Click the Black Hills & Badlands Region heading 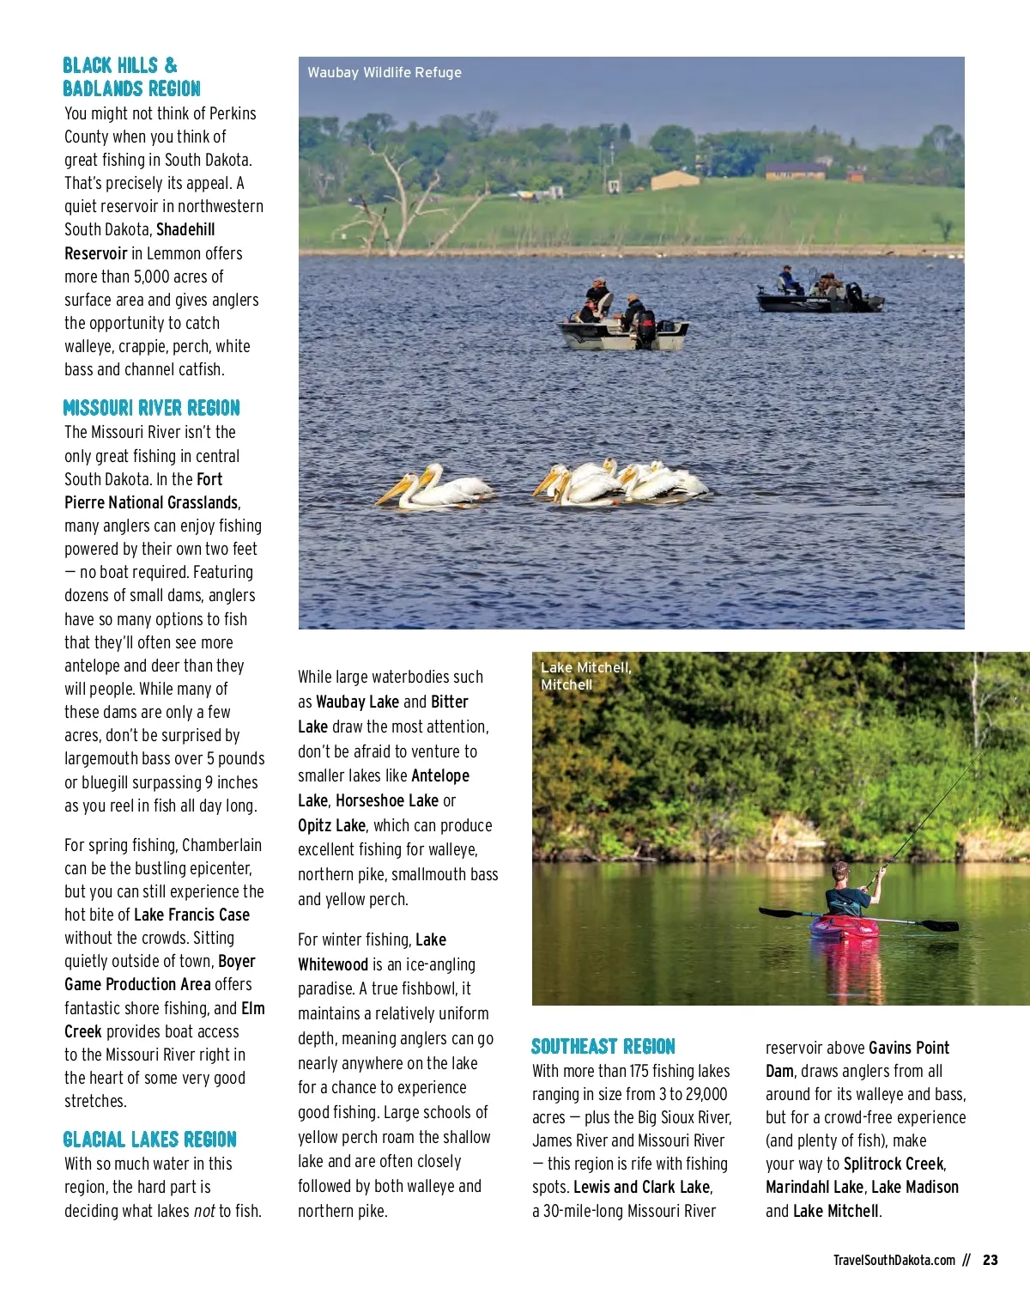[x=131, y=76]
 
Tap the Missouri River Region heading [x=151, y=408]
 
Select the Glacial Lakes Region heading [x=149, y=1140]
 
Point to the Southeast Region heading [x=603, y=1046]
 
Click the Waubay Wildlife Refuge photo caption [x=385, y=73]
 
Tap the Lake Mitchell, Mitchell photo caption [x=585, y=676]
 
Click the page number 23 [x=991, y=1260]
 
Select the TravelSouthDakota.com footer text [x=894, y=1260]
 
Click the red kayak [x=845, y=927]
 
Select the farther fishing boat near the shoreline [x=818, y=294]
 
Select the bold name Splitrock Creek [x=894, y=1164]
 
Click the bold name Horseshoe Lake [x=387, y=800]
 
